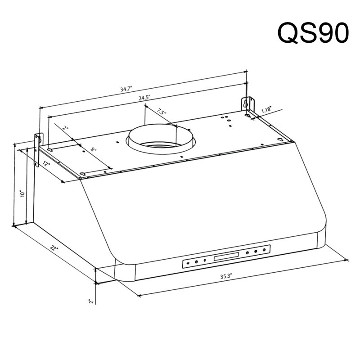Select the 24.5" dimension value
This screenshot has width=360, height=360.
144,98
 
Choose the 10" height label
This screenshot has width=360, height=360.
22,194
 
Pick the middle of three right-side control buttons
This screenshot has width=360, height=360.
255,252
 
